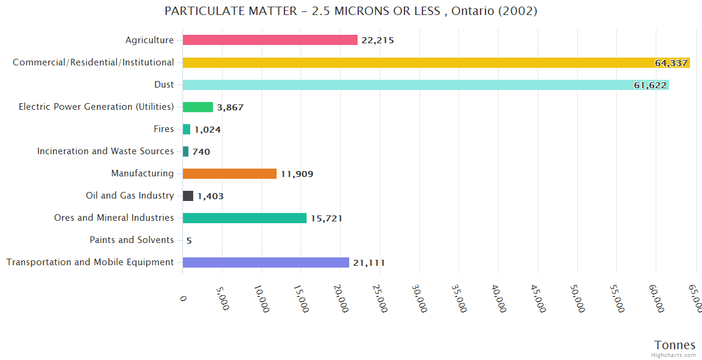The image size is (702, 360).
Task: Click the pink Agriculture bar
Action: pyautogui.click(x=270, y=40)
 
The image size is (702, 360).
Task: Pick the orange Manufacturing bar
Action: pyautogui.click(x=229, y=173)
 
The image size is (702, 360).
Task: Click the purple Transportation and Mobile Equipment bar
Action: pyautogui.click(x=266, y=262)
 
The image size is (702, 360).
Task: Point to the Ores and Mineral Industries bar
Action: pyautogui.click(x=244, y=218)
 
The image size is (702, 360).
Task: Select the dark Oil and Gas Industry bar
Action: pyautogui.click(x=188, y=196)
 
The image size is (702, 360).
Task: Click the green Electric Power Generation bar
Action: pyautogui.click(x=197, y=107)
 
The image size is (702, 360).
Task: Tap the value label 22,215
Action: pyautogui.click(x=377, y=40)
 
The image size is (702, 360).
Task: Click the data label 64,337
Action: pyautogui.click(x=671, y=63)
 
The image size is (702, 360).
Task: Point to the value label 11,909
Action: pyautogui.click(x=297, y=174)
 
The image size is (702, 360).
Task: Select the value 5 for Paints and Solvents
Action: pyautogui.click(x=189, y=241)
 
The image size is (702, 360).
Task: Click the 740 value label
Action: pyautogui.click(x=201, y=152)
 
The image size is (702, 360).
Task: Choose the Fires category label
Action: pyautogui.click(x=164, y=129)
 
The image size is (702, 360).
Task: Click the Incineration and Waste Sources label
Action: pyautogui.click(x=106, y=151)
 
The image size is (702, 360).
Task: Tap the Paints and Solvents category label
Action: pyautogui.click(x=131, y=240)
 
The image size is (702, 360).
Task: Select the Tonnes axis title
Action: pyautogui.click(x=674, y=345)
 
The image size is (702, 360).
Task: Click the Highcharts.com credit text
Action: pyautogui.click(x=674, y=355)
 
